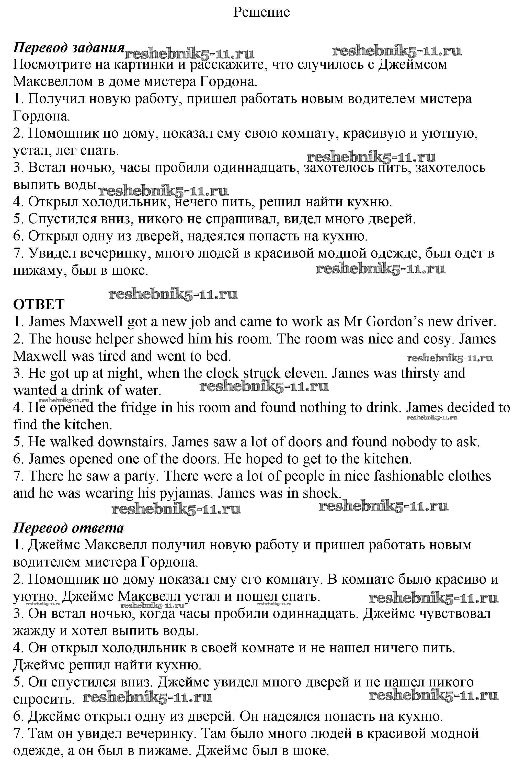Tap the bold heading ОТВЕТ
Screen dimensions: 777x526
pyautogui.click(x=39, y=305)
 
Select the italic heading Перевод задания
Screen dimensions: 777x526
pyautogui.click(x=69, y=48)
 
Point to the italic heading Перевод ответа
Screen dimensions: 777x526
pyautogui.click(x=68, y=528)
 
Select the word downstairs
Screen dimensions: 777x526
pyautogui.click(x=132, y=442)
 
